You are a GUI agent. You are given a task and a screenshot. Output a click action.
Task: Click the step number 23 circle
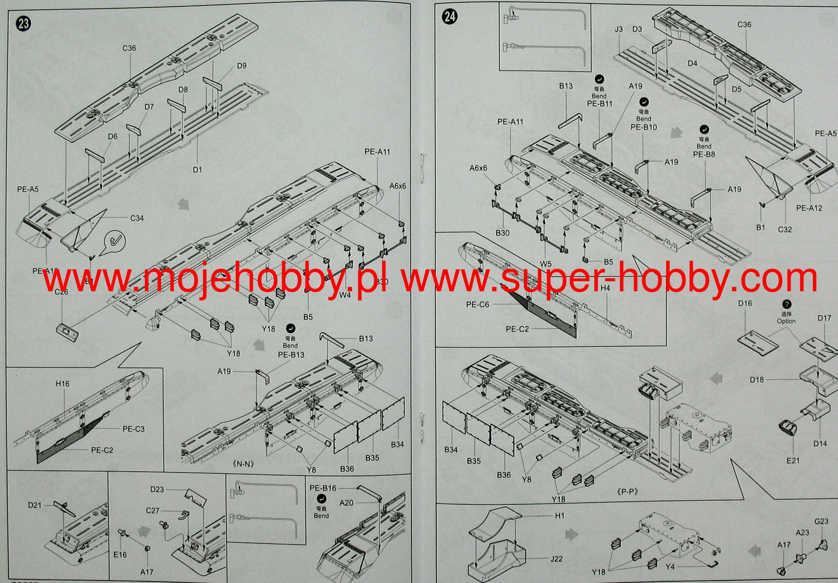(24, 23)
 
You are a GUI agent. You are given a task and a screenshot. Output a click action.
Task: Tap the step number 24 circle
(450, 17)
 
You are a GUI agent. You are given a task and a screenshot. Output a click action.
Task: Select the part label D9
(242, 66)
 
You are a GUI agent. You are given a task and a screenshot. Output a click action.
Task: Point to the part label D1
(198, 170)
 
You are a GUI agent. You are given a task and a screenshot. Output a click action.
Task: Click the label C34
(137, 218)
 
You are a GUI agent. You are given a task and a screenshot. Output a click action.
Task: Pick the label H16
(62, 383)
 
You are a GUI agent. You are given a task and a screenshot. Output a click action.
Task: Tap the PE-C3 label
(134, 429)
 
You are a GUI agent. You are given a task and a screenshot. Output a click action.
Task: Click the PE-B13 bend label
(291, 355)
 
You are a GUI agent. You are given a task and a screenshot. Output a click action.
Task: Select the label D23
(157, 489)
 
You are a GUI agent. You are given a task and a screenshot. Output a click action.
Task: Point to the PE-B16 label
(323, 488)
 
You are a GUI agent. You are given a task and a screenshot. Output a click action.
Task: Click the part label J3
(619, 29)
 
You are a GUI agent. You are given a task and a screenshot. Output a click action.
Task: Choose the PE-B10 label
(644, 127)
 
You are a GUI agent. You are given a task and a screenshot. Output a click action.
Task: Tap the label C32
(785, 229)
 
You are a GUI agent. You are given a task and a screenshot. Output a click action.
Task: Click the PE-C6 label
(478, 305)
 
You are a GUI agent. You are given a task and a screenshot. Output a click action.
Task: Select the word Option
(786, 321)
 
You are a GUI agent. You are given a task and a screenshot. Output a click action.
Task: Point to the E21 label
(793, 460)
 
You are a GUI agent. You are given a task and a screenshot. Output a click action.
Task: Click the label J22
(556, 559)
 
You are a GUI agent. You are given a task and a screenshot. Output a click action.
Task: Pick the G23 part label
(821, 521)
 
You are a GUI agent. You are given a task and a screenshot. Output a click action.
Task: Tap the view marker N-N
(243, 464)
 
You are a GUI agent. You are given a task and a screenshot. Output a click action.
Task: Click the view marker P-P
(627, 492)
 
